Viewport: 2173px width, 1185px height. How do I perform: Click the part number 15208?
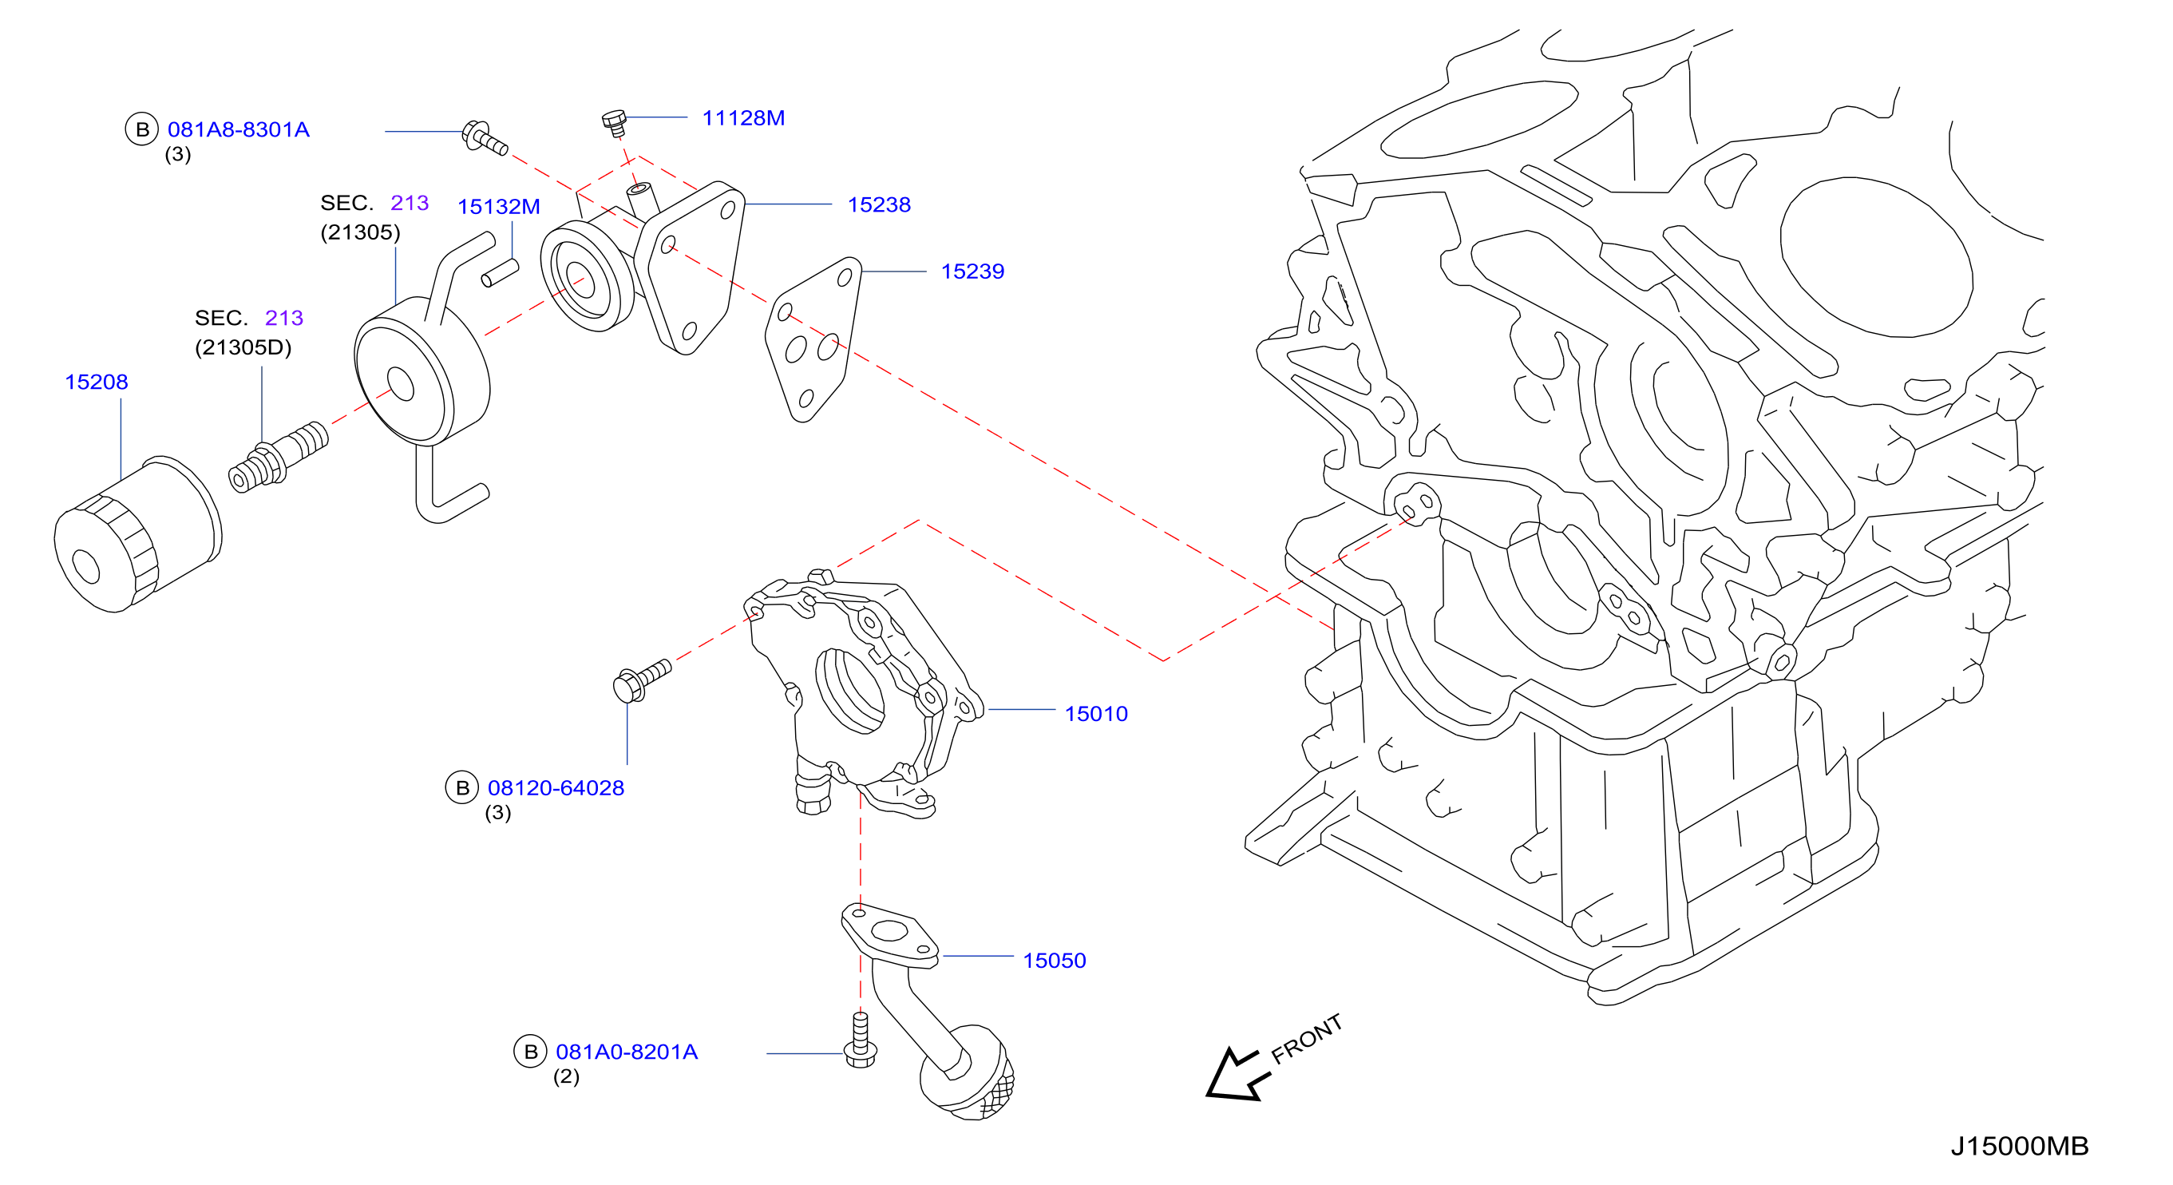96,382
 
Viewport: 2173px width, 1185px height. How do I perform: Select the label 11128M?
743,118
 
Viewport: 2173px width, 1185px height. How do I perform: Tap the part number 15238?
879,205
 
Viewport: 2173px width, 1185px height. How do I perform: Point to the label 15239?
972,271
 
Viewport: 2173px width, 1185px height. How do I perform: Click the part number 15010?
1096,714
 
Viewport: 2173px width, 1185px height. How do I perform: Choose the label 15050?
1055,961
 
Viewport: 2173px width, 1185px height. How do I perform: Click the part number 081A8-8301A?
239,130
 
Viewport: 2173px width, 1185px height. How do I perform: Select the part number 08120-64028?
556,788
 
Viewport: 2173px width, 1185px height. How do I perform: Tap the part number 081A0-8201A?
627,1052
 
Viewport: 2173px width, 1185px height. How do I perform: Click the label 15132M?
498,207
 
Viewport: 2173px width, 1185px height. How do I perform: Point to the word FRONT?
1306,1039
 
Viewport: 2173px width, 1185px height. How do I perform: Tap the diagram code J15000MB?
2020,1146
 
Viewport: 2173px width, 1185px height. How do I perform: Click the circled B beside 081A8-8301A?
142,129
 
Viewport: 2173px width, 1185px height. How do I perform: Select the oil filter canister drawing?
137,534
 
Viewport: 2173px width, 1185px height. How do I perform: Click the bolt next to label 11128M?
615,122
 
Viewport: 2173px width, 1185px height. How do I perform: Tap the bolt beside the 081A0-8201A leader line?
861,1040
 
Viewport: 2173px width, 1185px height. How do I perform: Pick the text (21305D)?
243,347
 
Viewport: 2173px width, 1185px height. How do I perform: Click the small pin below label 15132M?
500,273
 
